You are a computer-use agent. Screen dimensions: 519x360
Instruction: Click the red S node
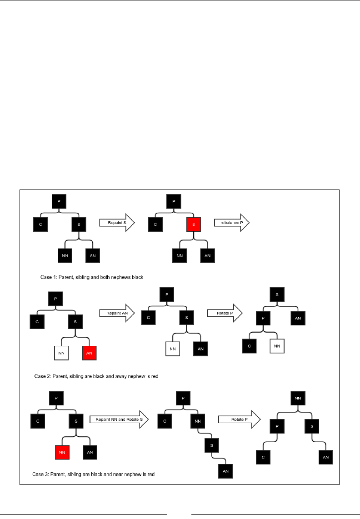[193, 224]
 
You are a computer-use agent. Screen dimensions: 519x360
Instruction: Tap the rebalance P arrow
[231, 222]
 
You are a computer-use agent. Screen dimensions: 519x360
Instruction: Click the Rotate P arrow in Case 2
[225, 313]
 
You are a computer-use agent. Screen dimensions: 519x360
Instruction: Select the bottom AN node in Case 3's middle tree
[225, 471]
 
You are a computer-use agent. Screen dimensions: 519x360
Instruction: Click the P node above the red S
[173, 201]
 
